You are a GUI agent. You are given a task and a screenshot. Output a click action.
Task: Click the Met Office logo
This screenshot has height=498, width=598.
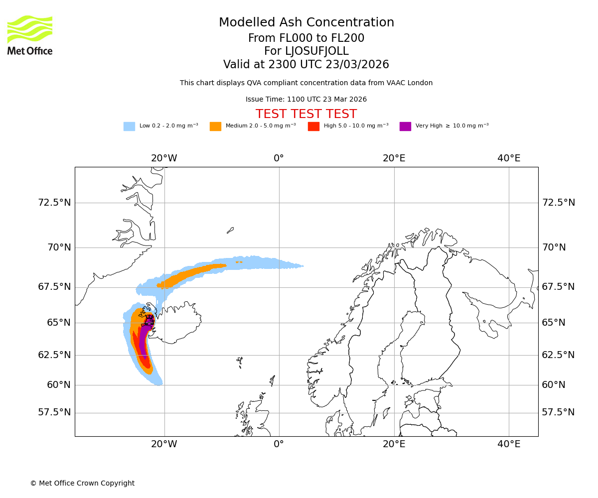pos(30,35)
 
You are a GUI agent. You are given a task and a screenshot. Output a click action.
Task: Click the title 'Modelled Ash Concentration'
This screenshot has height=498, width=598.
pos(306,22)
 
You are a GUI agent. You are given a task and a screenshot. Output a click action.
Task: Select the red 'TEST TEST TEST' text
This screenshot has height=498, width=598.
pos(306,114)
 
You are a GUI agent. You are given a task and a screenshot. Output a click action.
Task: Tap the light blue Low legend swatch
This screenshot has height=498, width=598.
pos(129,126)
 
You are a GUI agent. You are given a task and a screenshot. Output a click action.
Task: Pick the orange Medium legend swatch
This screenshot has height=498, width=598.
pos(215,126)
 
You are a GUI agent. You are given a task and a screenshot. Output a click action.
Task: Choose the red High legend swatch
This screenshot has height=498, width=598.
pos(313,126)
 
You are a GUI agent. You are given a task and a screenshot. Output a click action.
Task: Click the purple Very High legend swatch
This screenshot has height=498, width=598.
pos(405,126)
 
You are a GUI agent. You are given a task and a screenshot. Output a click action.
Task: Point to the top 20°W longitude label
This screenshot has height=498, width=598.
pos(164,158)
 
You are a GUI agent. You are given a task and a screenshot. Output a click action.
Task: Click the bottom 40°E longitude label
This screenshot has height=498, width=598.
pos(508,444)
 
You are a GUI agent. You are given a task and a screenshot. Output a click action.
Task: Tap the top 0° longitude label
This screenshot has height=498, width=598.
pos(279,158)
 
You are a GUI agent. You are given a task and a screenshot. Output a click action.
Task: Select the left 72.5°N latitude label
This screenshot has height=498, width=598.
pos(54,203)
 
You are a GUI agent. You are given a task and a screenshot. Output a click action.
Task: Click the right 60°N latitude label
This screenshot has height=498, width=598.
pos(554,385)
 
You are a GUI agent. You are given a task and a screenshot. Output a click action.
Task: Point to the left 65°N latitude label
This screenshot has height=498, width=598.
pos(59,323)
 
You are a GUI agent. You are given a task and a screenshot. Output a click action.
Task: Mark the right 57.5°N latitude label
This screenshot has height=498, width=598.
pos(558,412)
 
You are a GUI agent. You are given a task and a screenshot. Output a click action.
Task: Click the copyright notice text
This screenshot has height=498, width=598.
pos(82,483)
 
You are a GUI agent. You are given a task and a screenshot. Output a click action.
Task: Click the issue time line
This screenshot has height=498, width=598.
pos(306,100)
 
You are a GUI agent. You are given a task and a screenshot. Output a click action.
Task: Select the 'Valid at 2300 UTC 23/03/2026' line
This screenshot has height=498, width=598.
pos(306,65)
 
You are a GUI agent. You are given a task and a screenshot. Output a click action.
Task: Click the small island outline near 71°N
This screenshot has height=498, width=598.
pos(230,230)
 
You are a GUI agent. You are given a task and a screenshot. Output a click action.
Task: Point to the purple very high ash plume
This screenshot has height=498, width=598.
pos(144,341)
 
